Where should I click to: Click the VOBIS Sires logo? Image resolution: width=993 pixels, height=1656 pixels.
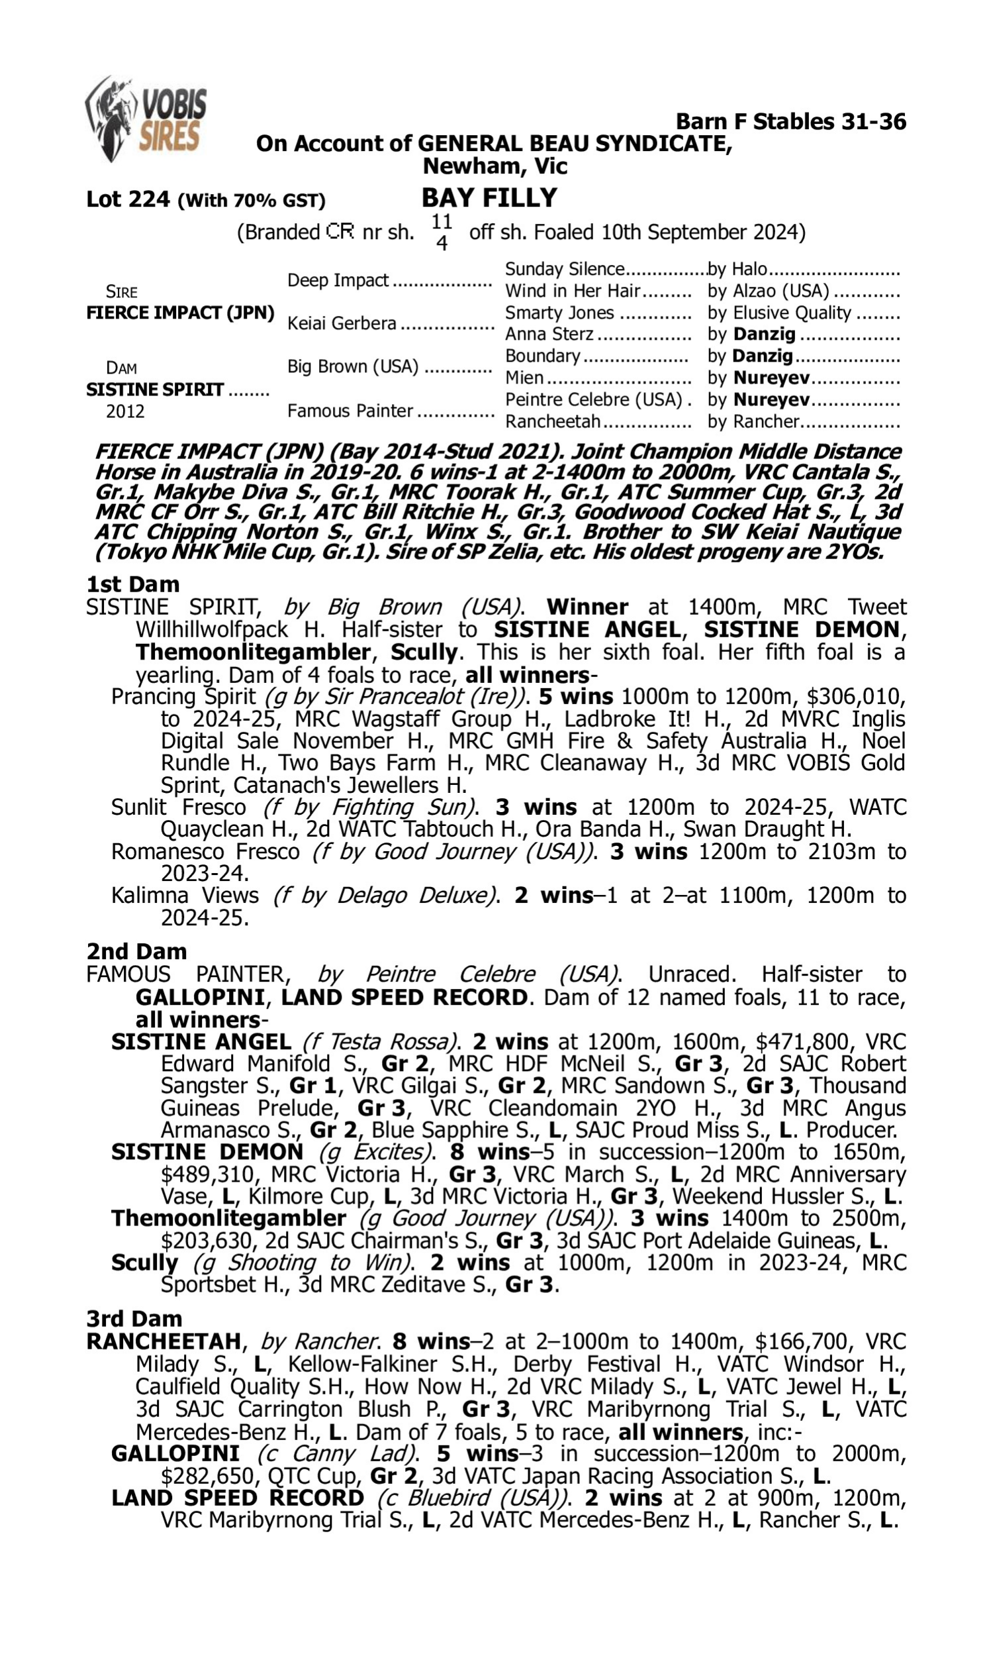[x=146, y=118]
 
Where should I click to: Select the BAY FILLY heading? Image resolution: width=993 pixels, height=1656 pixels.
[x=489, y=198]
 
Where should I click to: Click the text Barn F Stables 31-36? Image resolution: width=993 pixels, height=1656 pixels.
[x=791, y=122]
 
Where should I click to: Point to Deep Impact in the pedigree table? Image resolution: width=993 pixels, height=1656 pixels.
[x=338, y=280]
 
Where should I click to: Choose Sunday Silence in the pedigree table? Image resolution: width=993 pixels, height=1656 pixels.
[x=564, y=269]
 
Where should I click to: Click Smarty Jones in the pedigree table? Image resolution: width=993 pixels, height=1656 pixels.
[x=559, y=313]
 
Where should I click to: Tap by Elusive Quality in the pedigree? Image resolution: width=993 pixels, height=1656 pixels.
[x=779, y=313]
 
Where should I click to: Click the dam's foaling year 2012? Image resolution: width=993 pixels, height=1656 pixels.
[x=125, y=411]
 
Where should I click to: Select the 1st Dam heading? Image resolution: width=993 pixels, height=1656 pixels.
[x=133, y=584]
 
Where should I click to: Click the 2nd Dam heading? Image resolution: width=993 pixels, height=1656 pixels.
[x=136, y=951]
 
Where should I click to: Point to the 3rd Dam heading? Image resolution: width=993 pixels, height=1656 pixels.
[x=134, y=1318]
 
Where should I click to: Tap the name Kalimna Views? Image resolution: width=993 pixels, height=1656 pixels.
[x=185, y=896]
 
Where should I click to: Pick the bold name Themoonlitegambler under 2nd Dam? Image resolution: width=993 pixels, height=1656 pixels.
[x=229, y=1217]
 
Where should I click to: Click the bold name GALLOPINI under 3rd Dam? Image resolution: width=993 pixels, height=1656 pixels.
[x=175, y=1453]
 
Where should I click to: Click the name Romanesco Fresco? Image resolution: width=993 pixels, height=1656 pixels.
[x=205, y=851]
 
